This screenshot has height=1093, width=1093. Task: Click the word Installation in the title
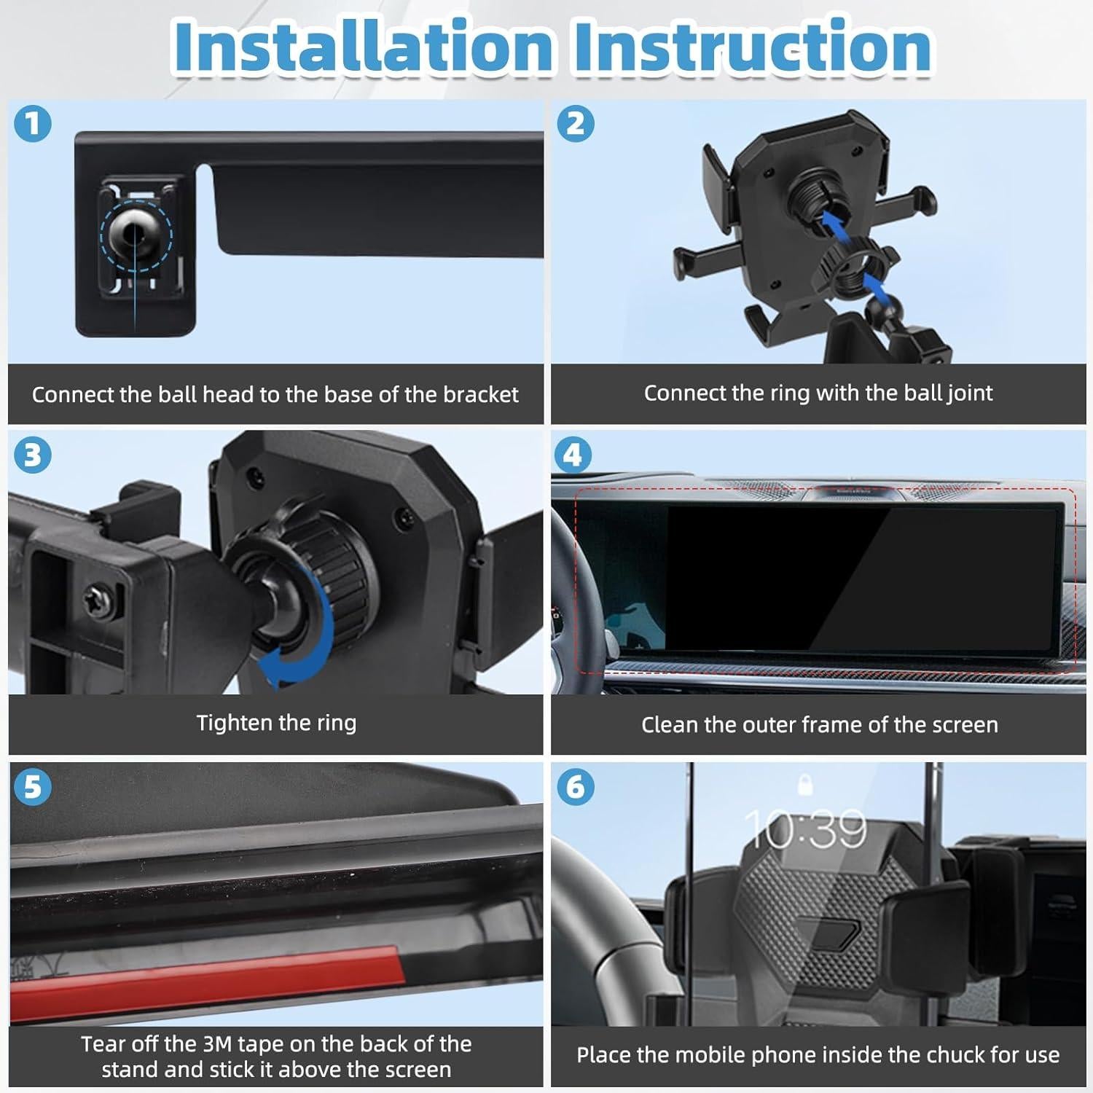coord(363,47)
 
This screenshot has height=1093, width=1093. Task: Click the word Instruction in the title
coord(752,47)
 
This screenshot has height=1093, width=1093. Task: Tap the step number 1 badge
coord(33,123)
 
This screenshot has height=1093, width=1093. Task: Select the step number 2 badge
coord(576,123)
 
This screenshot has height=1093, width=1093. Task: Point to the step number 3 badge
coord(33,455)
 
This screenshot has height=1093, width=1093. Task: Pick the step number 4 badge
coord(573,455)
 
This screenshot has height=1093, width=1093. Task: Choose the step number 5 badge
coord(33,787)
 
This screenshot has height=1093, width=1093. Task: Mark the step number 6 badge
coord(576,787)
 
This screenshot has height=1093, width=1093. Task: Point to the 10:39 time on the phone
coord(806,828)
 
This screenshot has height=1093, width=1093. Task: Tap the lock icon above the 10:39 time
coord(805,784)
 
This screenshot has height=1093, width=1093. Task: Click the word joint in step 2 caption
coord(970,393)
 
